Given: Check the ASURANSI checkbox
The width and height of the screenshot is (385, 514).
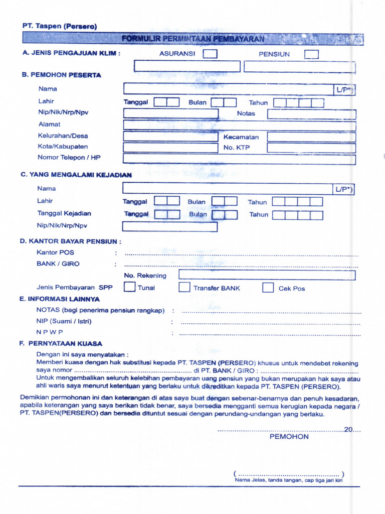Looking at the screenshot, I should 210,54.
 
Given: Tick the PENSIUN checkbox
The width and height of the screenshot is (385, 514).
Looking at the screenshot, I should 311,54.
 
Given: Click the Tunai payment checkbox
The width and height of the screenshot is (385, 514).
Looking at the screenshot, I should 129,288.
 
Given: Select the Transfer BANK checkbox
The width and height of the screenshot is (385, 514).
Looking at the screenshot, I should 184,288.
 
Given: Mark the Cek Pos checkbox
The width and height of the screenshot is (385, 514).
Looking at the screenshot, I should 268,288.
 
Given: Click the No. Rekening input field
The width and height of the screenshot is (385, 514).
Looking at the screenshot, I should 267,275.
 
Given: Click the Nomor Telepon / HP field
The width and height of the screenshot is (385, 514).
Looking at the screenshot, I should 239,159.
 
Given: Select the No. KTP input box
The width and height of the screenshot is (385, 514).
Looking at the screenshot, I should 311,148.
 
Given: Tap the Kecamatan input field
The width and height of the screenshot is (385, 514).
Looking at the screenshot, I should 311,137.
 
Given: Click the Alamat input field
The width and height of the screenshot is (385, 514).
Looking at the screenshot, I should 239,125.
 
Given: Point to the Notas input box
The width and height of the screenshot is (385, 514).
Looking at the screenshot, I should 311,114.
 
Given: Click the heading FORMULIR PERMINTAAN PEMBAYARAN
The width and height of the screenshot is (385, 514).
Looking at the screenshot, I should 193,39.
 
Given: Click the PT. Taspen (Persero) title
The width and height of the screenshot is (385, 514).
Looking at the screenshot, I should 59,26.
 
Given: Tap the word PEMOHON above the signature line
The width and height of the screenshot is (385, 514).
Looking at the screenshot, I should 289,437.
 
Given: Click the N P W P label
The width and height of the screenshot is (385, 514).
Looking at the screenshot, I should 50,332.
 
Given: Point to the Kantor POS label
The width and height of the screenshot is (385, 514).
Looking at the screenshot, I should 55,252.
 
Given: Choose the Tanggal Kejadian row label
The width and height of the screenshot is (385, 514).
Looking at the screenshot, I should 64,213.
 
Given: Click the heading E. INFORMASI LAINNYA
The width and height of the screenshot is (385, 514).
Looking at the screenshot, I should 60,299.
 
